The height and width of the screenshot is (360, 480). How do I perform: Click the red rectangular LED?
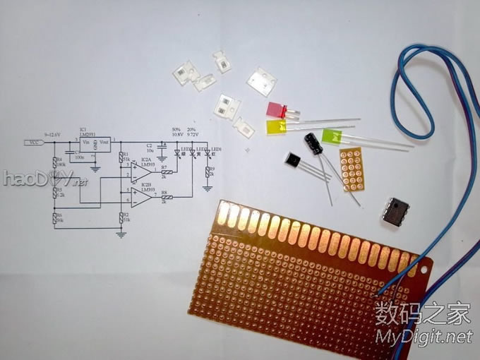(275, 111)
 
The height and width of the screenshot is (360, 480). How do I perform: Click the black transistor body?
(293, 162)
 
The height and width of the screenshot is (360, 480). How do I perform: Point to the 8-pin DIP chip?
(397, 210)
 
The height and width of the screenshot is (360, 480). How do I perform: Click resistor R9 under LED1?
(208, 172)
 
